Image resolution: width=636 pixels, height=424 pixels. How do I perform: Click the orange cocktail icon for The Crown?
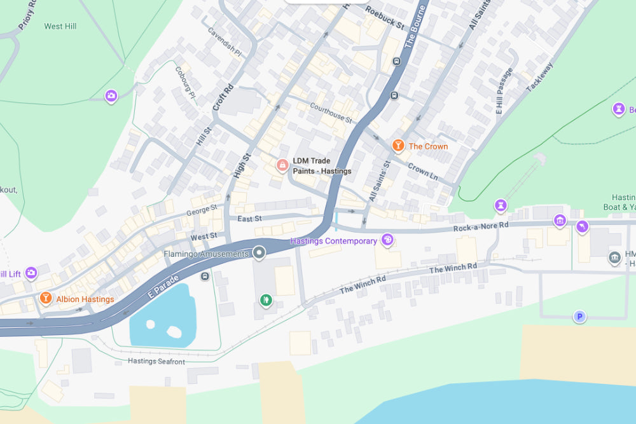click(x=398, y=146)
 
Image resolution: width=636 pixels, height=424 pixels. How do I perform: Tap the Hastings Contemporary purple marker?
click(x=387, y=240)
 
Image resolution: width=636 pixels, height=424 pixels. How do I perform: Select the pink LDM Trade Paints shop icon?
click(x=282, y=165)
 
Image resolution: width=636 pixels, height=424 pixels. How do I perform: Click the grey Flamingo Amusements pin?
click(x=259, y=253)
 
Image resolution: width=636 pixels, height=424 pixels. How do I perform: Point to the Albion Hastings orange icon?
click(x=46, y=298)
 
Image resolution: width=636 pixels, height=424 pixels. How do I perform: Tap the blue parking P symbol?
click(x=579, y=316)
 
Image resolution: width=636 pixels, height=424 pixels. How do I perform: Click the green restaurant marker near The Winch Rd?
click(x=266, y=299)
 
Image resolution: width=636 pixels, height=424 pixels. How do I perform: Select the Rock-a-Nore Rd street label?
click(x=481, y=227)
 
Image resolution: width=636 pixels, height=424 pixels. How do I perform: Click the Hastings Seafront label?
click(x=156, y=361)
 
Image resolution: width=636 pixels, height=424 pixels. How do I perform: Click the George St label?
click(x=202, y=210)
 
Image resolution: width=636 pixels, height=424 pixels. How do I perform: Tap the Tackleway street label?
click(x=541, y=76)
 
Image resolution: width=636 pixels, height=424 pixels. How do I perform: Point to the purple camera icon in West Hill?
click(x=111, y=96)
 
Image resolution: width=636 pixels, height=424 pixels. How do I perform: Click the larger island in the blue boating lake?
click(x=173, y=332)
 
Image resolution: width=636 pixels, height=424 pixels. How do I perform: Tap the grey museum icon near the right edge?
click(x=614, y=257)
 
